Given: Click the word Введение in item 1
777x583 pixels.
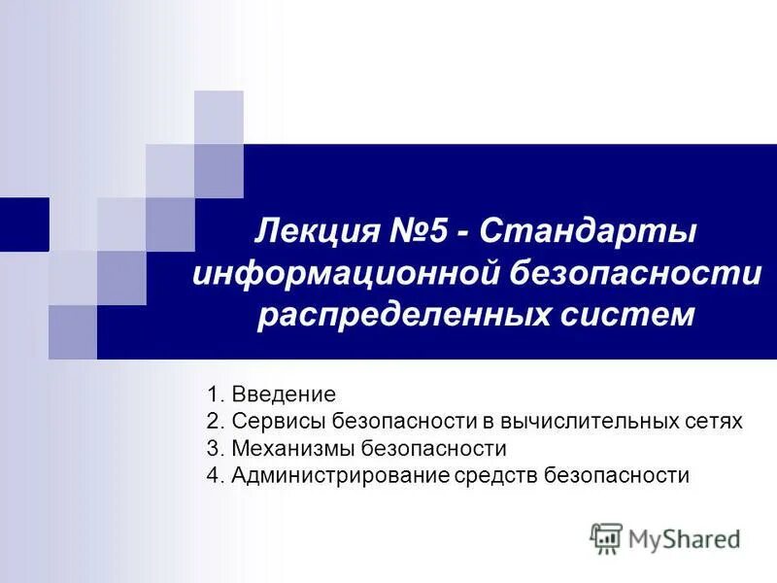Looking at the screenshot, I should [x=284, y=394].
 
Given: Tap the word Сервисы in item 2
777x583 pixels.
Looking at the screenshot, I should [x=280, y=422].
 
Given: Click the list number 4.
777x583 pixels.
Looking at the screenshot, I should [x=214, y=476].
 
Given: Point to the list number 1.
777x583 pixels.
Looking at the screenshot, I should [x=214, y=394].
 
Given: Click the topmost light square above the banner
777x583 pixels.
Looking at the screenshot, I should [x=219, y=117].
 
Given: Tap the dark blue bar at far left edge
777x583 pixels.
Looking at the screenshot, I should [x=23, y=223].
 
